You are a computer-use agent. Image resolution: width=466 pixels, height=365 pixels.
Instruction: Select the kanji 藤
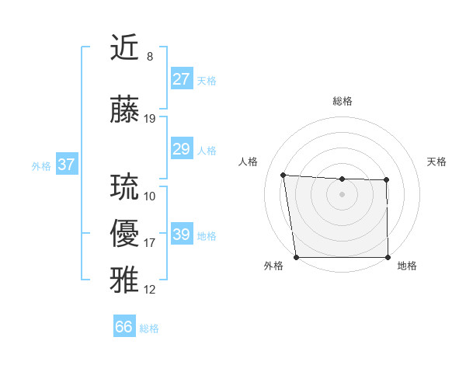126,110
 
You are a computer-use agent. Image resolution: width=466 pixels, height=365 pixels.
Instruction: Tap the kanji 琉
126,187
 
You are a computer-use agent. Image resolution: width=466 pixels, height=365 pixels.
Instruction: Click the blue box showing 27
182,79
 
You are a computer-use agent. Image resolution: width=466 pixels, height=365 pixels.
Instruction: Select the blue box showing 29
182,149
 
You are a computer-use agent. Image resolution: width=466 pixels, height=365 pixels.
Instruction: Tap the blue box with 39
182,235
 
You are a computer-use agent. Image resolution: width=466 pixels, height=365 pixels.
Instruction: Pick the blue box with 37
67,165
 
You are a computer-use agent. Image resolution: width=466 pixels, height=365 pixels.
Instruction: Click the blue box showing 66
124,327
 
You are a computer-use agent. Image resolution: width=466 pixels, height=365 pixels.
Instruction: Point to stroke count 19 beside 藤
150,119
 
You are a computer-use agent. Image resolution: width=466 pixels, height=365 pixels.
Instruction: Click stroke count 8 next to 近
150,57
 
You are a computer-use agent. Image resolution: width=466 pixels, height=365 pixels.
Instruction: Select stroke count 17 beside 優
150,243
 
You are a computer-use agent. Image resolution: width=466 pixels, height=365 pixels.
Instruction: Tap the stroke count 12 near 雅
150,290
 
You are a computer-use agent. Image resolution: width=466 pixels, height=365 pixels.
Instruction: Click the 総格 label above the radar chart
342,101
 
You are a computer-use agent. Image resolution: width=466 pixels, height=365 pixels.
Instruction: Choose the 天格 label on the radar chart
437,162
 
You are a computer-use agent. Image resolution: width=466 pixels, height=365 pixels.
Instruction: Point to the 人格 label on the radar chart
248,162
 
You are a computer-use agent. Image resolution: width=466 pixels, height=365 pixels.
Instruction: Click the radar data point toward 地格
388,257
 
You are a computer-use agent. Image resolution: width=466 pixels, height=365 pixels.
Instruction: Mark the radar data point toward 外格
296,257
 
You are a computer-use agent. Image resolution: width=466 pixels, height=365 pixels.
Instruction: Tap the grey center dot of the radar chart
342,194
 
